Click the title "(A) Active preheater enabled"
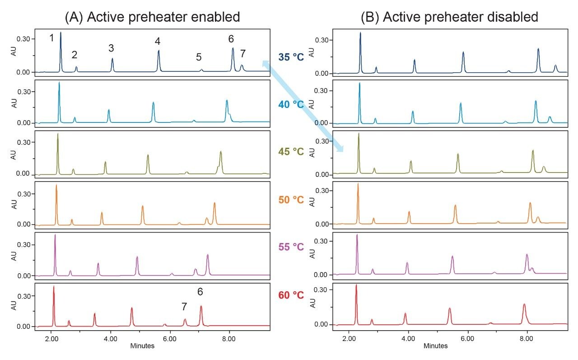point(152,17)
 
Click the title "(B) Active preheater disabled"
point(449,17)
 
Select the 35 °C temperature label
point(291,57)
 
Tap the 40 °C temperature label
point(291,105)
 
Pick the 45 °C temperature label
point(291,153)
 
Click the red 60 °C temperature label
point(291,295)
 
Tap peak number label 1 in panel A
point(51,38)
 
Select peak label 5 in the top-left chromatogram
point(199,57)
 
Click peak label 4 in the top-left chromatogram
point(158,42)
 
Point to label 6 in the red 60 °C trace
point(200,292)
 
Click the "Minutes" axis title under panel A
point(142,346)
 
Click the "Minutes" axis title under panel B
point(436,346)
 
